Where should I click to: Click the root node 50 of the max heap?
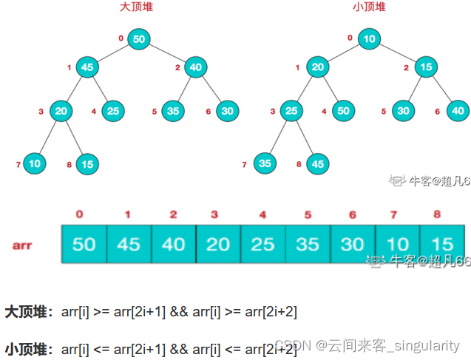138,39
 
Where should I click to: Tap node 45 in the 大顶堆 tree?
88,68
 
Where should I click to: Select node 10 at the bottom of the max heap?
35,163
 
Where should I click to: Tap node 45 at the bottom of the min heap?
318,163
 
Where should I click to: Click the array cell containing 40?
173,243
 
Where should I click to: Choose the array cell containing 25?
262,243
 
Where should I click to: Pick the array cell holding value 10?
397,243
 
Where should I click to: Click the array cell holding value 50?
84,243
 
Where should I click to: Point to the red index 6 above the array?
352,214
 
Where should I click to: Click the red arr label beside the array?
22,243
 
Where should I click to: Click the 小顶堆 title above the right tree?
369,9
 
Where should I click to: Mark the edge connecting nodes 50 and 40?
167,53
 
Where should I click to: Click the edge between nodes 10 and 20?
343,53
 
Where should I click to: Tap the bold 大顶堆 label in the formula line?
24,312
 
